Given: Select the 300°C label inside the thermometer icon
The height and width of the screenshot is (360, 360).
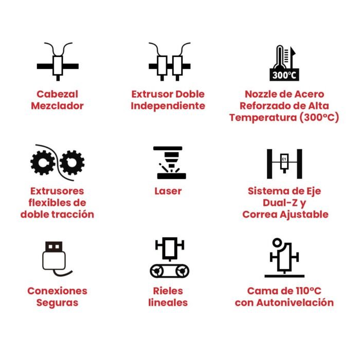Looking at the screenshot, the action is (284, 75).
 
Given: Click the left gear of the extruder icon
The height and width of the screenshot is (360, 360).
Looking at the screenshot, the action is (43, 163).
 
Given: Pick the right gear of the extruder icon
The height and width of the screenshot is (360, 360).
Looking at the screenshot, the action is (72, 163).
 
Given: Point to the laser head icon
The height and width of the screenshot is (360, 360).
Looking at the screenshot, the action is (170, 163).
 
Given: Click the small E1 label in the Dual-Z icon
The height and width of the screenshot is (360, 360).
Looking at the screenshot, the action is (284, 159).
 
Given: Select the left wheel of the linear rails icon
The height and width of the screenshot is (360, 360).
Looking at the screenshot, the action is (157, 271).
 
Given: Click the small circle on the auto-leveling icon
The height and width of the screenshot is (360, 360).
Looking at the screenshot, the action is (277, 242).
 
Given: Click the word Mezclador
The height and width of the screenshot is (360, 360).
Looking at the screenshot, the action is (57, 106).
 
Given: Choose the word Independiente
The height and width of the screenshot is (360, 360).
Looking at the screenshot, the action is (168, 106).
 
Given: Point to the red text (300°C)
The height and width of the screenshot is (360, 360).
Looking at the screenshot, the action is (319, 117).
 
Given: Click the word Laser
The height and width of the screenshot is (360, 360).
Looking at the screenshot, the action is (168, 191).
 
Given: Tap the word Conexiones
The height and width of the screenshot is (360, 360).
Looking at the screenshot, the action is (57, 291).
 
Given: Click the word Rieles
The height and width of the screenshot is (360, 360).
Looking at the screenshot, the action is (168, 291).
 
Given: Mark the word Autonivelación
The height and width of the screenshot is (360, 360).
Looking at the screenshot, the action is (295, 302).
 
